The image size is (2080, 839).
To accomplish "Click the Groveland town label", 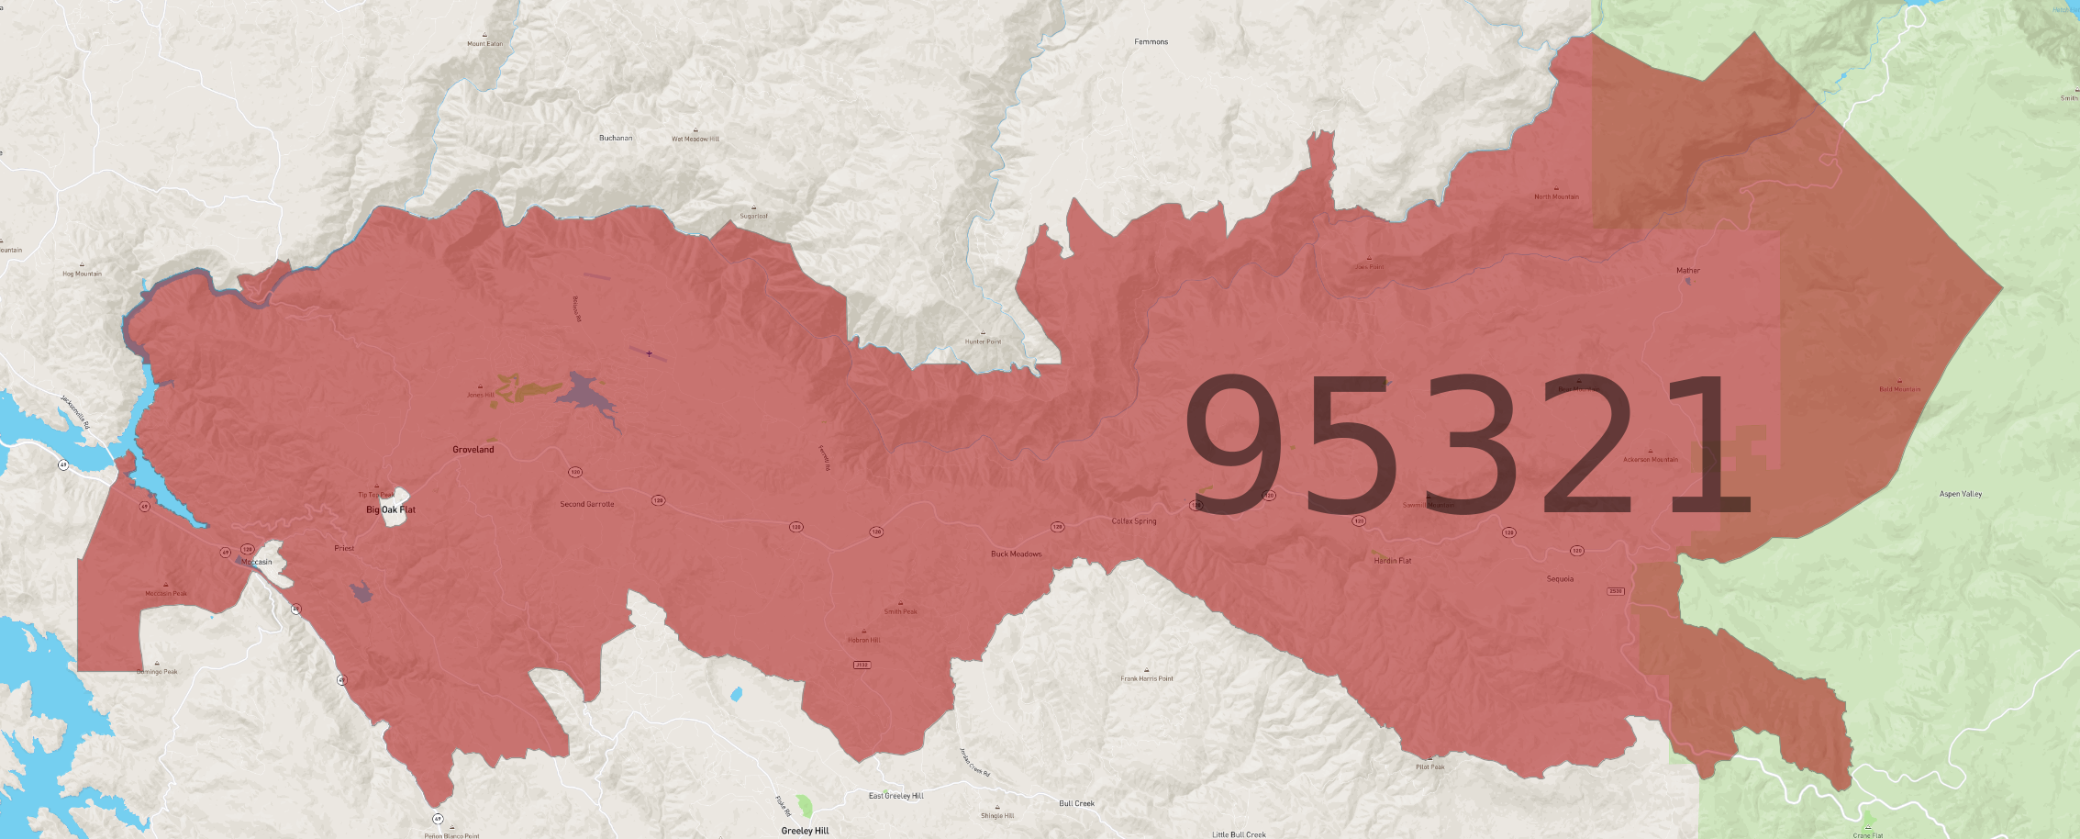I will coord(473,450).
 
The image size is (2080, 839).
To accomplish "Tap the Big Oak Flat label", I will coord(391,509).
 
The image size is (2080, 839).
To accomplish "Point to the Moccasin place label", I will coord(257,562).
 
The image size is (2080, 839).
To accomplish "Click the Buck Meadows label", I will coord(1016,554).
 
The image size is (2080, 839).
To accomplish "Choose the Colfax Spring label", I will coord(1134,521).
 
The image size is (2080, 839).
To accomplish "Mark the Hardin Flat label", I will coord(1392,561).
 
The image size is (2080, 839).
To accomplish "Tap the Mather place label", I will coord(1687,271).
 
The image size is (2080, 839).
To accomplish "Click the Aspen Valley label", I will coord(1960,494).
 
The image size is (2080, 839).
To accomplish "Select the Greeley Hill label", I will coord(805,831).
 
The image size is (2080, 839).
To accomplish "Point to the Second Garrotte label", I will coord(587,504).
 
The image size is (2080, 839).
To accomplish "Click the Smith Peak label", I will coord(900,611).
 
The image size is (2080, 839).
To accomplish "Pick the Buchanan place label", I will coord(616,139).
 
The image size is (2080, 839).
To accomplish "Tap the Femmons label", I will coord(1151,42).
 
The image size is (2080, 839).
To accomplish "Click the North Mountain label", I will coord(1556,196).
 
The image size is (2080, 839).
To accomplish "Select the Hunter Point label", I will coord(983,341).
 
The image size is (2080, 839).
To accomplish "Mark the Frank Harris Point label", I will coord(1146,678).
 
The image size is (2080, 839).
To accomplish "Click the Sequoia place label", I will coord(1560,579).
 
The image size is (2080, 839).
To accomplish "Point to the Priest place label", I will coord(344,548).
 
